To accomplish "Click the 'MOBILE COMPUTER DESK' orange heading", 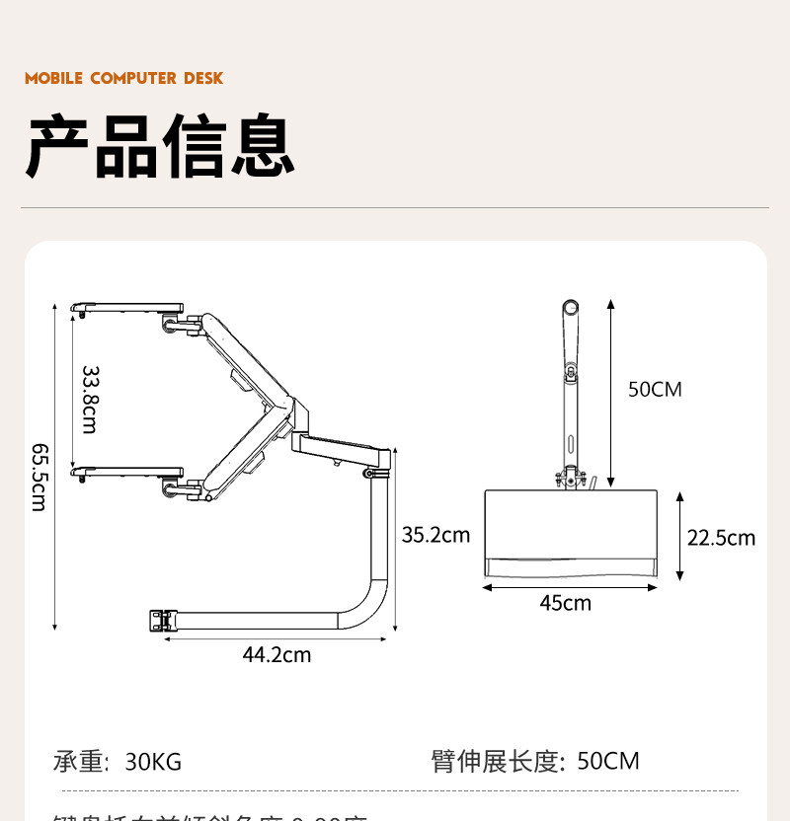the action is pyautogui.click(x=124, y=78).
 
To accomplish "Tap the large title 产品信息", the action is pyautogui.click(x=160, y=147).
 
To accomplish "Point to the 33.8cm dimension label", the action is pyautogui.click(x=90, y=399).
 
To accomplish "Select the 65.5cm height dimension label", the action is pyautogui.click(x=39, y=476).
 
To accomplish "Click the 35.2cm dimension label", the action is pyautogui.click(x=435, y=535).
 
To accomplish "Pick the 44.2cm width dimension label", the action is pyautogui.click(x=276, y=654).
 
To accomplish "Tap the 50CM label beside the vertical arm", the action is pyautogui.click(x=655, y=389).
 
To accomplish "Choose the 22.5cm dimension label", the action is pyautogui.click(x=721, y=537).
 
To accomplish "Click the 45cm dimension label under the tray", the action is pyautogui.click(x=565, y=602).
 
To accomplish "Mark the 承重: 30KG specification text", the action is pyautogui.click(x=118, y=762).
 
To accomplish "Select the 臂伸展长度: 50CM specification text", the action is pyautogui.click(x=535, y=762).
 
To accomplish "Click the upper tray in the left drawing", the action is pyautogui.click(x=128, y=307).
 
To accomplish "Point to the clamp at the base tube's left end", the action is pyautogui.click(x=159, y=621).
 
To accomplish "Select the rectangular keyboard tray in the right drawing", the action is pyautogui.click(x=570, y=533).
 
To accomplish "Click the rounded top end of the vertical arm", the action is pyautogui.click(x=569, y=307).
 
